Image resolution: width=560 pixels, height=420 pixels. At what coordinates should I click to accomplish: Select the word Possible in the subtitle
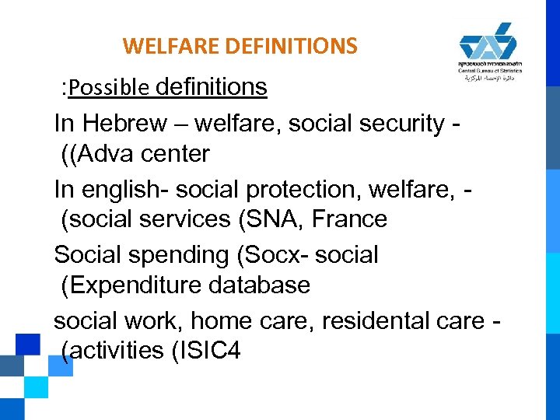click(109, 89)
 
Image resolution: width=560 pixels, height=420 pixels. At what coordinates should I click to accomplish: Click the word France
click(348, 219)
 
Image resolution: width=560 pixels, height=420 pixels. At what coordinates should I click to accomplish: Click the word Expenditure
click(128, 285)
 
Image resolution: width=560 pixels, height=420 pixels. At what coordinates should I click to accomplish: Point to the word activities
click(114, 351)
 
